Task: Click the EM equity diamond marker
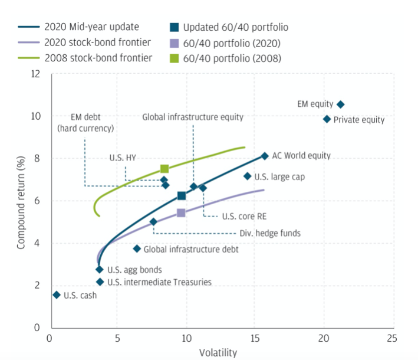click(x=340, y=104)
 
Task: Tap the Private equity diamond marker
click(x=327, y=119)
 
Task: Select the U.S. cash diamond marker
click(x=57, y=294)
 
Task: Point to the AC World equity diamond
click(x=265, y=156)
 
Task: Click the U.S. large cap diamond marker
click(x=248, y=176)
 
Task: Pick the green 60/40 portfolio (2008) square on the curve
click(x=164, y=169)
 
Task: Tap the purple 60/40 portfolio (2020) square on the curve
click(x=181, y=212)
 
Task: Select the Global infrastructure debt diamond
click(x=137, y=248)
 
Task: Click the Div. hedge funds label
click(x=269, y=233)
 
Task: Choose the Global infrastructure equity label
click(x=193, y=117)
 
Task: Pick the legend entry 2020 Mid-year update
click(x=92, y=27)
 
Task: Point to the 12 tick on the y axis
click(x=37, y=74)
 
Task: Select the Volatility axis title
click(x=218, y=353)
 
